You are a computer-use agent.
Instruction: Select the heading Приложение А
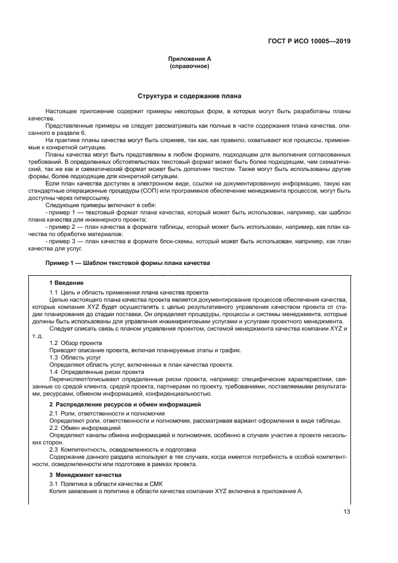190,59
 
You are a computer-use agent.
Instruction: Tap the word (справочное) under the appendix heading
190,66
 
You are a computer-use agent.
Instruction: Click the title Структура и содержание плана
190,96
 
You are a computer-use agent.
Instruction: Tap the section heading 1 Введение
66,282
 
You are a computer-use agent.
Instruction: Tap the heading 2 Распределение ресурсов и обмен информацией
125,405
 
